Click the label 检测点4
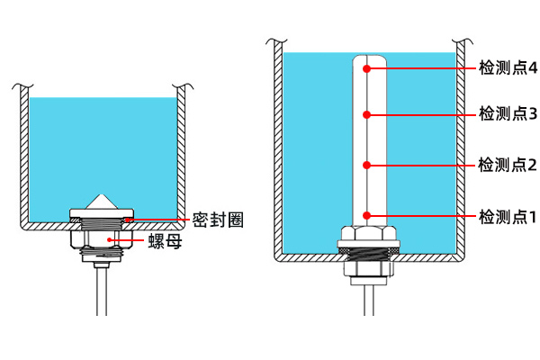tap(508, 68)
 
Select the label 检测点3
tap(508, 114)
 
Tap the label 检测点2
tap(508, 165)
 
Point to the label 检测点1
tap(508, 217)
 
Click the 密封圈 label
tap(218, 220)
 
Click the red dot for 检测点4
tap(367, 67)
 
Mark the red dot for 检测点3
tap(367, 114)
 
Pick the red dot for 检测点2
tap(367, 164)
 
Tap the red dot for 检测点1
tap(367, 215)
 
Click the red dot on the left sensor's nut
tap(112, 240)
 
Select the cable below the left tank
tap(101, 288)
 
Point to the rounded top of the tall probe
tap(367, 59)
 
